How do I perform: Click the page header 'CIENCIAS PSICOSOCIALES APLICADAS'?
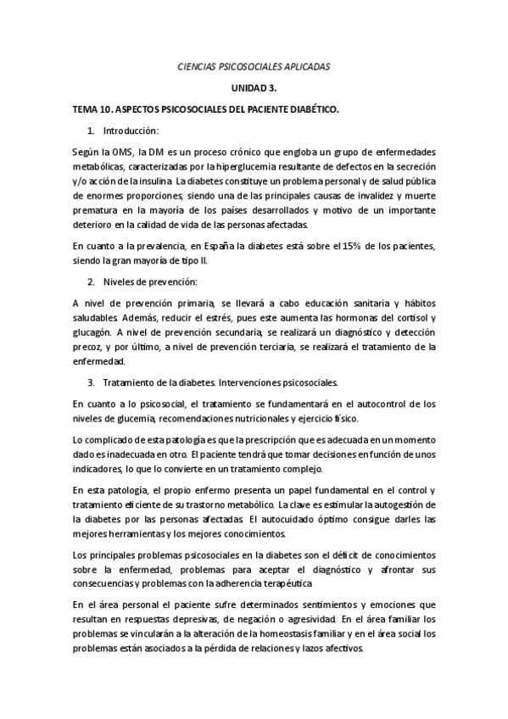click(253, 65)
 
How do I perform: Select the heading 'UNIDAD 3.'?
click(253, 87)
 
